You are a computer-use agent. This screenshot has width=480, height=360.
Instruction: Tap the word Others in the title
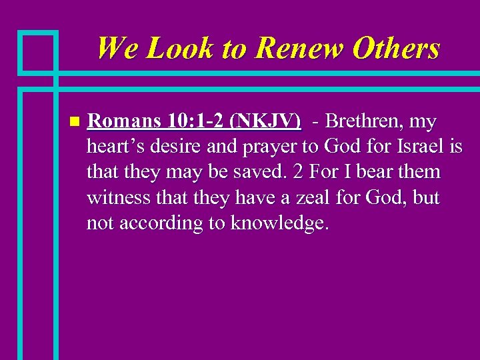click(x=396, y=48)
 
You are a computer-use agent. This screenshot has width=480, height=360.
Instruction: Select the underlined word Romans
click(x=125, y=122)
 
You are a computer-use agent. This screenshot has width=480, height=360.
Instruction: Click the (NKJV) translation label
click(x=265, y=122)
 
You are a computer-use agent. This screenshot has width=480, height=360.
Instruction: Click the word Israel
click(x=421, y=147)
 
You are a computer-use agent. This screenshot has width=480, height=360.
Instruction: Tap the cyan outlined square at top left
click(x=38, y=51)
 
